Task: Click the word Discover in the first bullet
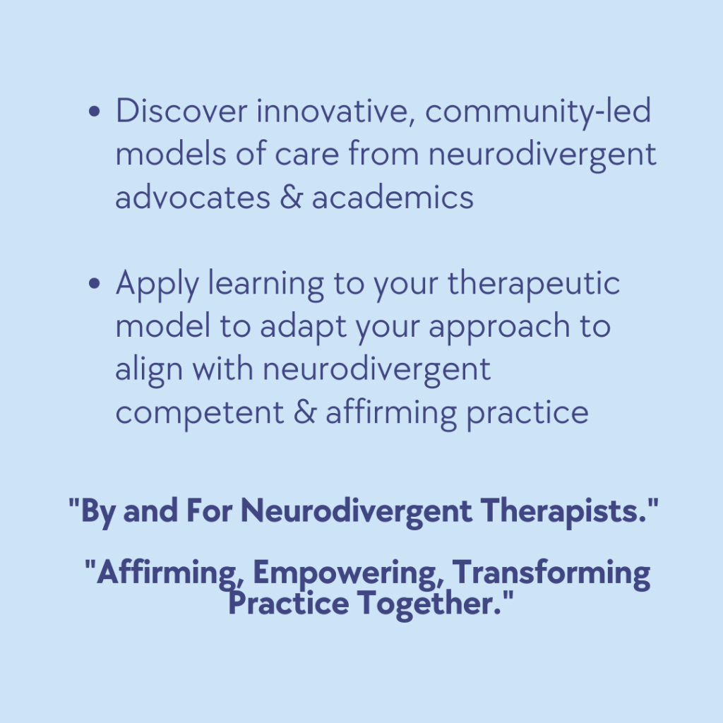181,111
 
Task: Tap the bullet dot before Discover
94,112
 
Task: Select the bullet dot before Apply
94,284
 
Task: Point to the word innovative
336,112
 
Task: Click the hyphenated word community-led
537,113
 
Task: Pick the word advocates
193,197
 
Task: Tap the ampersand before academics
291,197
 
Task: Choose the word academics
393,197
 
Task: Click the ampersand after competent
305,412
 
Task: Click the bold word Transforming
551,573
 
